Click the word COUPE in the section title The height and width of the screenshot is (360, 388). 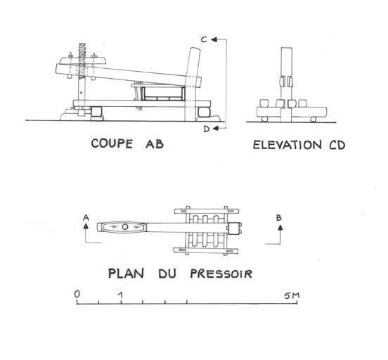pyautogui.click(x=112, y=143)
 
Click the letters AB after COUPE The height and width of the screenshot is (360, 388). pyautogui.click(x=155, y=144)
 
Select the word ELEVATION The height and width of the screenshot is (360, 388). pyautogui.click(x=287, y=145)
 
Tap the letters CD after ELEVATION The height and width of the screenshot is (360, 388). pyautogui.click(x=337, y=145)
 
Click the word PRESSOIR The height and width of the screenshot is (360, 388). pyautogui.click(x=221, y=274)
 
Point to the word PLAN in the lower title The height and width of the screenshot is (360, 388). pyautogui.click(x=127, y=274)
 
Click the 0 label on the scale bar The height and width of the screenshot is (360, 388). pyautogui.click(x=77, y=295)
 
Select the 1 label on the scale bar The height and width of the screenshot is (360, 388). pyautogui.click(x=120, y=295)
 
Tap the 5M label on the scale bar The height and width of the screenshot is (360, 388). pyautogui.click(x=292, y=295)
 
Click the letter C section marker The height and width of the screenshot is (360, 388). pyautogui.click(x=204, y=39)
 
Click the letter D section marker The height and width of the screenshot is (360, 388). pyautogui.click(x=207, y=129)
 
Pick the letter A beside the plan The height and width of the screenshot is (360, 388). pyautogui.click(x=86, y=218)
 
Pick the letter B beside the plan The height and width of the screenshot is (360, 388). pyautogui.click(x=279, y=218)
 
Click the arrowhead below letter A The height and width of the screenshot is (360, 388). pyautogui.click(x=86, y=226)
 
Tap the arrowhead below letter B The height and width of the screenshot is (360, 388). pyautogui.click(x=280, y=228)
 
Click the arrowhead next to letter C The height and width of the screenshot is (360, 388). pyautogui.click(x=214, y=39)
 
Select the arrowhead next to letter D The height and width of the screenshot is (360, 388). pyautogui.click(x=216, y=128)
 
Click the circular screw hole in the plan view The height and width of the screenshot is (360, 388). pyautogui.click(x=124, y=226)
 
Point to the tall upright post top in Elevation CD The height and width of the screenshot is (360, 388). pyautogui.click(x=287, y=49)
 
